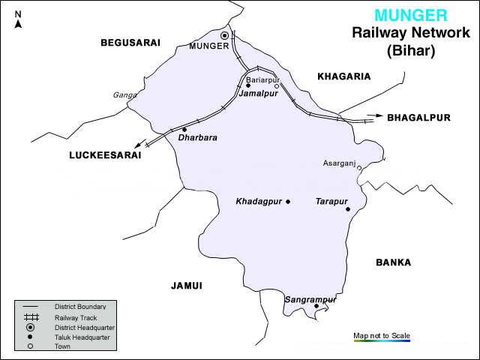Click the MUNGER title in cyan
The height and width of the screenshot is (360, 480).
411,15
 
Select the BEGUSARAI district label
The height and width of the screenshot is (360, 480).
130,43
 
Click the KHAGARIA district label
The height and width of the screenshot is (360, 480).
344,76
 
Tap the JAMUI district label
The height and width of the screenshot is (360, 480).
187,285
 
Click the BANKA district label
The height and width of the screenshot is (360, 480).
393,262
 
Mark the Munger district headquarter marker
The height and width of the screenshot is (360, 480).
224,35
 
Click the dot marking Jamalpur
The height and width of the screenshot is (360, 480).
248,85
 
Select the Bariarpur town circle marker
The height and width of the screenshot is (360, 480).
277,86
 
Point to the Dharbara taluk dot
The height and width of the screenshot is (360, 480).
184,129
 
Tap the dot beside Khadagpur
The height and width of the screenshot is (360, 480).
288,201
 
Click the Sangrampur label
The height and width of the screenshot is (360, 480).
307,299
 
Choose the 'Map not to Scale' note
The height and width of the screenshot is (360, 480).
382,335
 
